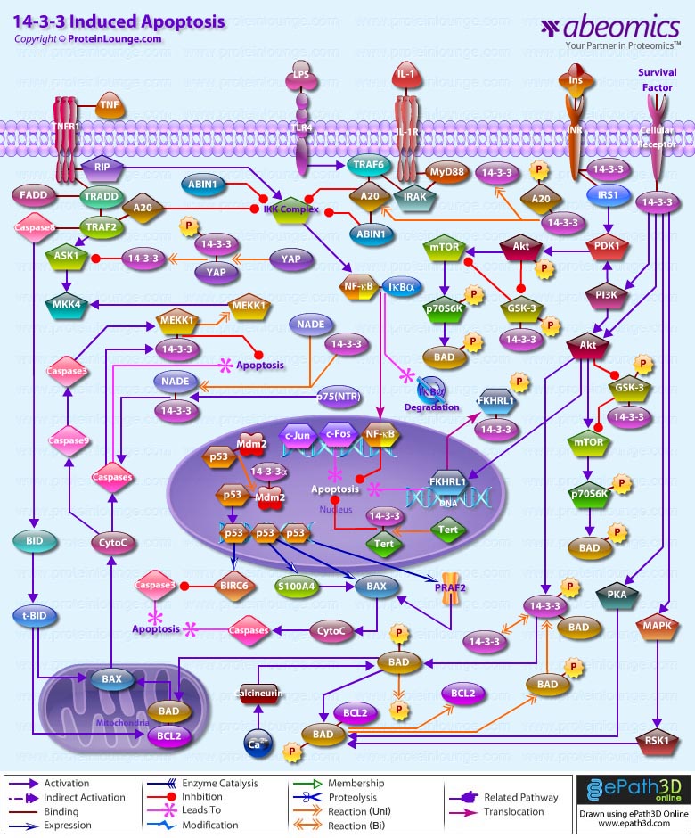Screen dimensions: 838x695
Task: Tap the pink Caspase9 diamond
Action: [69, 439]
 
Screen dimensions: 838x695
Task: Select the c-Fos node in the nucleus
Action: [338, 433]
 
